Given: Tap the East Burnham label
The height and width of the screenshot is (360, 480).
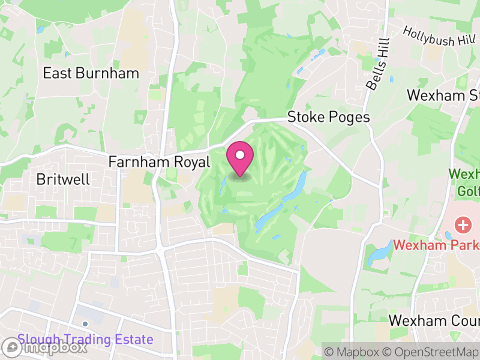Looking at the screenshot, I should (x=91, y=74).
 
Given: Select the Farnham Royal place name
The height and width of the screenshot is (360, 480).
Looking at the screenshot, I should (x=159, y=162).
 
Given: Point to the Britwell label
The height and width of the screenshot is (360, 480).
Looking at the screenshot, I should (x=63, y=179).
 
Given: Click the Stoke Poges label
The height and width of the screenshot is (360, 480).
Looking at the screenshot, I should (x=329, y=117).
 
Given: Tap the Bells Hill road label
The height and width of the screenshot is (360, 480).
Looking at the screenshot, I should (x=377, y=64).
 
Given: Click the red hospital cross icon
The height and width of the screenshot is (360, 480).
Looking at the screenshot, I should (x=463, y=226).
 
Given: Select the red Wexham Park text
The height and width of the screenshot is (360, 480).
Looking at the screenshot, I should (x=436, y=245).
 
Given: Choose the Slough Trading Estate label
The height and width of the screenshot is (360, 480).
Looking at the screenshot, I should (x=85, y=340).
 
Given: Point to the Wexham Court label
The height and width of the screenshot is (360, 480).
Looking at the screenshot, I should (x=434, y=320).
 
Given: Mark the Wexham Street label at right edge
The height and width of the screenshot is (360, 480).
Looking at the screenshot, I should (x=443, y=95).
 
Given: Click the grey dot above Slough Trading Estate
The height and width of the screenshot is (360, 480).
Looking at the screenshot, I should (x=85, y=324).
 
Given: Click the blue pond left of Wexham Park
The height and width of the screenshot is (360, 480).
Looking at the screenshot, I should (x=379, y=254).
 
